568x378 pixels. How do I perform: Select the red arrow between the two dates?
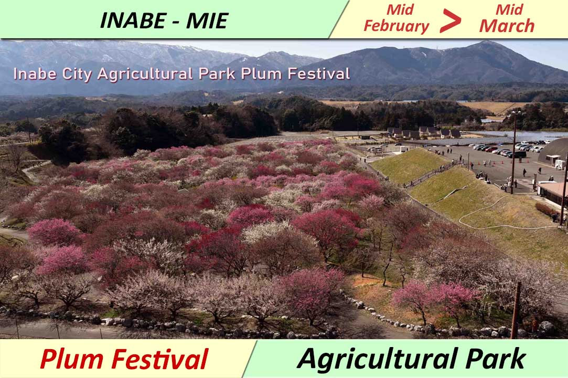(x=450, y=21)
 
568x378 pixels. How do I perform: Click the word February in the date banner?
(x=396, y=26)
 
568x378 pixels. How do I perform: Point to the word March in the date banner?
(x=507, y=26)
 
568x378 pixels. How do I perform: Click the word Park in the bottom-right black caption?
(x=496, y=359)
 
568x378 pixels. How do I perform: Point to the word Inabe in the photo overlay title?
(x=32, y=74)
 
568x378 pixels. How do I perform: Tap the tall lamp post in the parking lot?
(x=513, y=152)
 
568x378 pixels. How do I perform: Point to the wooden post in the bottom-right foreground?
(x=516, y=310)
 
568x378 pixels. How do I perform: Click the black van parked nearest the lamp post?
(x=519, y=154)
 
